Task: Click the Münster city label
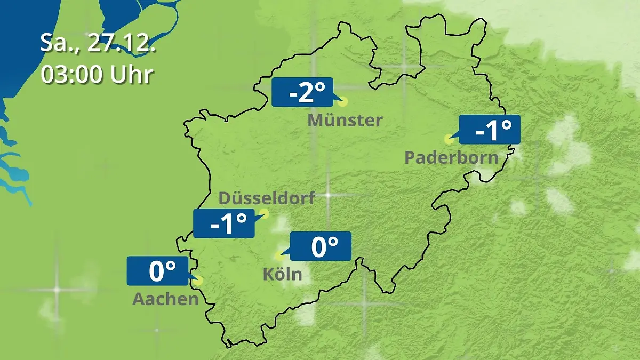pyautogui.click(x=345, y=120)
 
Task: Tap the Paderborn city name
pyautogui.click(x=451, y=157)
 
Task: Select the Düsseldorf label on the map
pyautogui.click(x=267, y=198)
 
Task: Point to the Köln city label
pyautogui.click(x=282, y=274)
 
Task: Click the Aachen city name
pyautogui.click(x=165, y=299)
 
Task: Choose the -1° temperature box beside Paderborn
pyautogui.click(x=489, y=130)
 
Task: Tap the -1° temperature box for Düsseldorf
pyautogui.click(x=224, y=223)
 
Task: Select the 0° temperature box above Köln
pyautogui.click(x=321, y=246)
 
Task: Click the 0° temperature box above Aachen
pyautogui.click(x=158, y=271)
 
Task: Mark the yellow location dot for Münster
pyautogui.click(x=343, y=101)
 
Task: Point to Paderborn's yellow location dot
pyautogui.click(x=449, y=139)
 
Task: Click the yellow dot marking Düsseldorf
pyautogui.click(x=264, y=214)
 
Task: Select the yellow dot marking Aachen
pyautogui.click(x=199, y=279)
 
